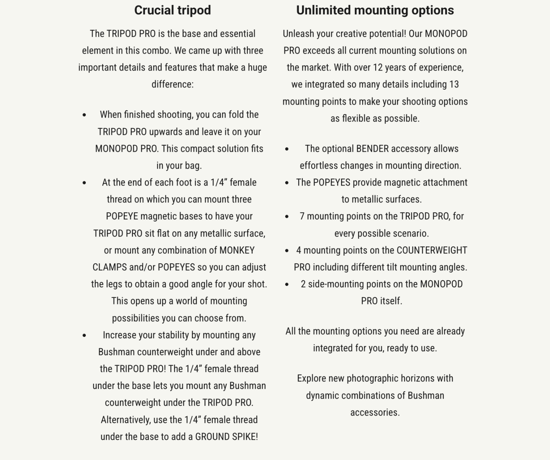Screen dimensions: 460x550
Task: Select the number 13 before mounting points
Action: point(454,84)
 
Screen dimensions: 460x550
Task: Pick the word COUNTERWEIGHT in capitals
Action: point(432,250)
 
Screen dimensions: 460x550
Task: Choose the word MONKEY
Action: point(237,250)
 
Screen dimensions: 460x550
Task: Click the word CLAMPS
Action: point(110,267)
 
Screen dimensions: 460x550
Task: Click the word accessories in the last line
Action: point(375,412)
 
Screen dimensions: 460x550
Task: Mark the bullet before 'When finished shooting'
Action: point(84,115)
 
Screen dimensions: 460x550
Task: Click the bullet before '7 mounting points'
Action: point(287,217)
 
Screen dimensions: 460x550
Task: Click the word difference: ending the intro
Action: point(172,84)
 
